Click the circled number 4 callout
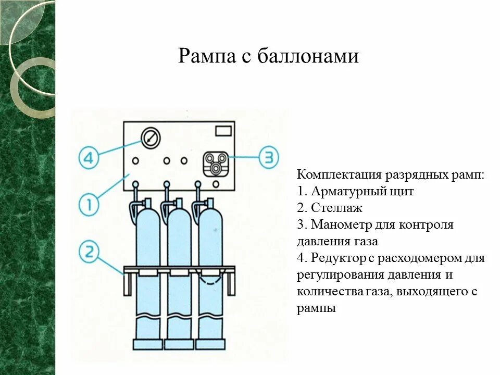click(89, 158)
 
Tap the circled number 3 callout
click(269, 157)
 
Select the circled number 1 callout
click(90, 205)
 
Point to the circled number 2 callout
click(89, 253)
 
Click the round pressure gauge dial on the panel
click(151, 138)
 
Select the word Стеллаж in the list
click(336, 208)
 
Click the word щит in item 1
click(403, 192)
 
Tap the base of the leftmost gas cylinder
click(148, 344)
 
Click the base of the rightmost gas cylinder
click(210, 344)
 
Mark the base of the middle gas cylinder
click(179, 344)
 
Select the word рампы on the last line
click(316, 308)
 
